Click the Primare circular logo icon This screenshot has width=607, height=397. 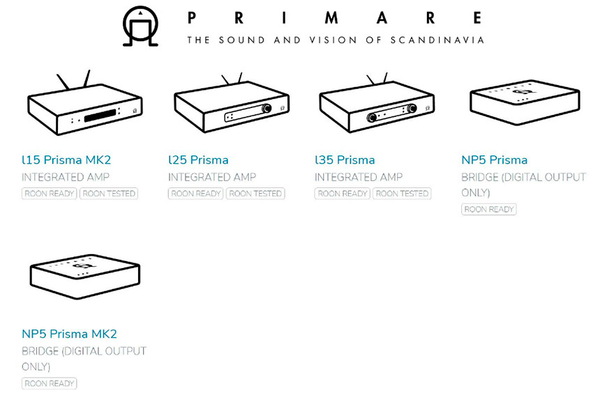coord(140,26)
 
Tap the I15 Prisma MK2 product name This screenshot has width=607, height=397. coord(66,159)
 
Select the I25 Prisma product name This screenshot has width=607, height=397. coord(198,159)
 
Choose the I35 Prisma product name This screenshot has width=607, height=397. coord(345,159)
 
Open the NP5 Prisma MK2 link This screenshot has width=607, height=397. coord(69,334)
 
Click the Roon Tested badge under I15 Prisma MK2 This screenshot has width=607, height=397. coord(109,194)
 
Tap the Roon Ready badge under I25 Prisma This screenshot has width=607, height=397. coord(196,194)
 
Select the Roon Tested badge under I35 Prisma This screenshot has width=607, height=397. coord(402,194)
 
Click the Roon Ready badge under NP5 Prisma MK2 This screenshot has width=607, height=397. coord(49,384)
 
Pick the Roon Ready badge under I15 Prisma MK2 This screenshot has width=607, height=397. coord(49,194)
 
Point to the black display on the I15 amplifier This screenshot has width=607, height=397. coord(100,116)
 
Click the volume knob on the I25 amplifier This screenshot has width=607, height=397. coord(267,108)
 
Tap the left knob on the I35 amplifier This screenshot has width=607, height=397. coord(372,117)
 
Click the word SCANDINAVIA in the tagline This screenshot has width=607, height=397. coord(437,40)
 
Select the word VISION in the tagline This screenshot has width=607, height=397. coord(333,40)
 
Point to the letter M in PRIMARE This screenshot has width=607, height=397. coord(331,18)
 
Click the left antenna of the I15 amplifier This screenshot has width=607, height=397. coord(63,81)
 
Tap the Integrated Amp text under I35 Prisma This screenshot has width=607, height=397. coord(359,177)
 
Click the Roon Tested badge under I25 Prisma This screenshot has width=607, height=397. coord(255,194)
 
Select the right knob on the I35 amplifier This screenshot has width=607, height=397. coord(412,108)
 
